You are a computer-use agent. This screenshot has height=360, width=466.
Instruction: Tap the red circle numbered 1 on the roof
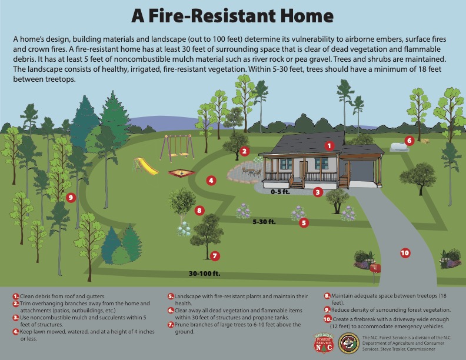click(x=329, y=145)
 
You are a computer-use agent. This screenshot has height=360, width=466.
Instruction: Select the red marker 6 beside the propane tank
click(x=410, y=141)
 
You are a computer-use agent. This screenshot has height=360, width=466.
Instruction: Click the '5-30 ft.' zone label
click(x=264, y=222)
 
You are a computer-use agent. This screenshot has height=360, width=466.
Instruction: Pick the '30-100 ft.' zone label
click(x=204, y=274)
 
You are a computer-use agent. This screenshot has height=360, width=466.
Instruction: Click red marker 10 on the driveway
click(x=405, y=253)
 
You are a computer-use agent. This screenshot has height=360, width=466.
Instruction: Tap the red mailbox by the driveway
click(x=375, y=268)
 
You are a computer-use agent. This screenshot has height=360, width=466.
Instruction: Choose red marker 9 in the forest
click(x=71, y=198)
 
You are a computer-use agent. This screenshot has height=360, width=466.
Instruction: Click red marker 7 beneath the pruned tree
click(x=215, y=256)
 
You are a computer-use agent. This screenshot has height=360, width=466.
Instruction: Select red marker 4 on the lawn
click(x=211, y=181)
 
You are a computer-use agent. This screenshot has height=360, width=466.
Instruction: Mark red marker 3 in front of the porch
click(x=318, y=191)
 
